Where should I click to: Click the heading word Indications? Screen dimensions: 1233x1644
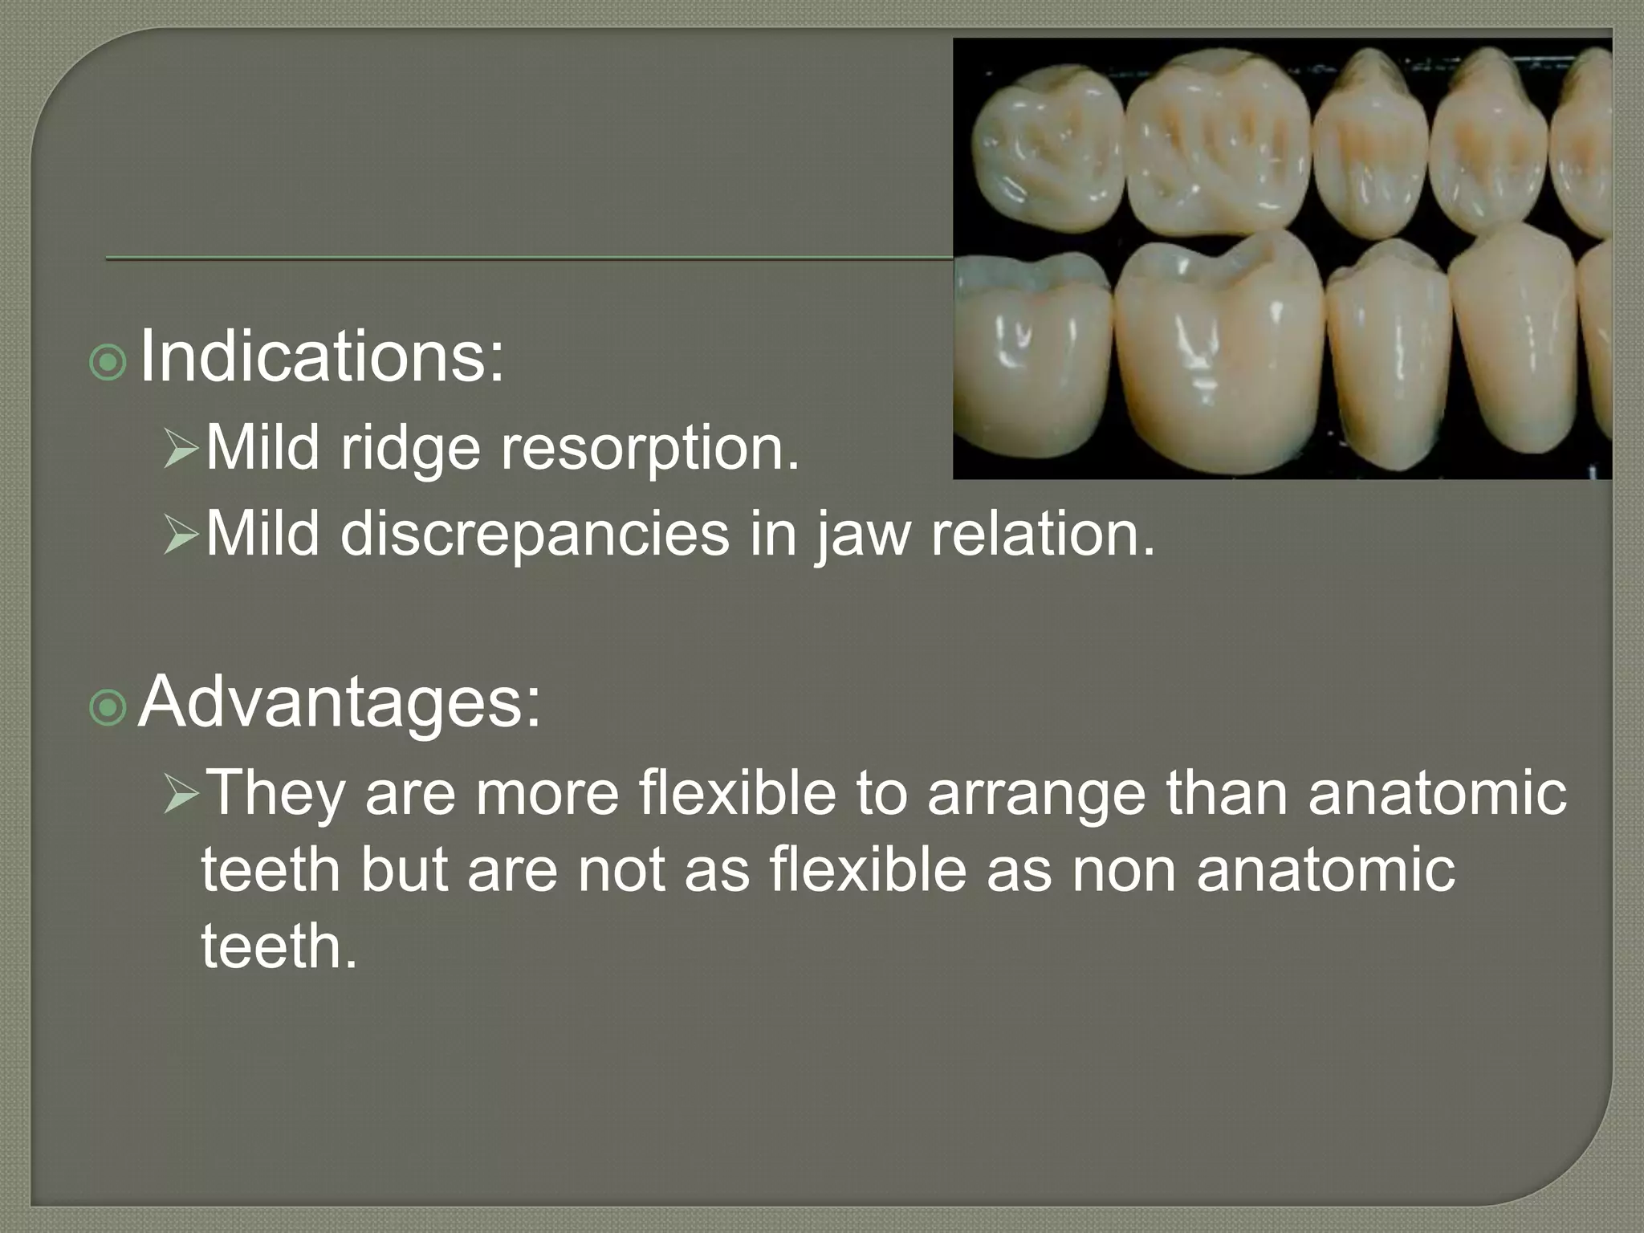[x=321, y=357]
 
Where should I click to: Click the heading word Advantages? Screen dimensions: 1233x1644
[x=339, y=702]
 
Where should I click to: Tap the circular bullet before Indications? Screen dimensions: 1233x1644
[x=108, y=363]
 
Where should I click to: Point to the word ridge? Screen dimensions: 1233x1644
[x=409, y=450]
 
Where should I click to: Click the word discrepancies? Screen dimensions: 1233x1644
[x=535, y=535]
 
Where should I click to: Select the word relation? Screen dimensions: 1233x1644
[x=1041, y=533]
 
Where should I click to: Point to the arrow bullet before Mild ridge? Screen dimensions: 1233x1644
[x=180, y=450]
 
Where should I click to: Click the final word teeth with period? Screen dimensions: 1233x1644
[x=278, y=947]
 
